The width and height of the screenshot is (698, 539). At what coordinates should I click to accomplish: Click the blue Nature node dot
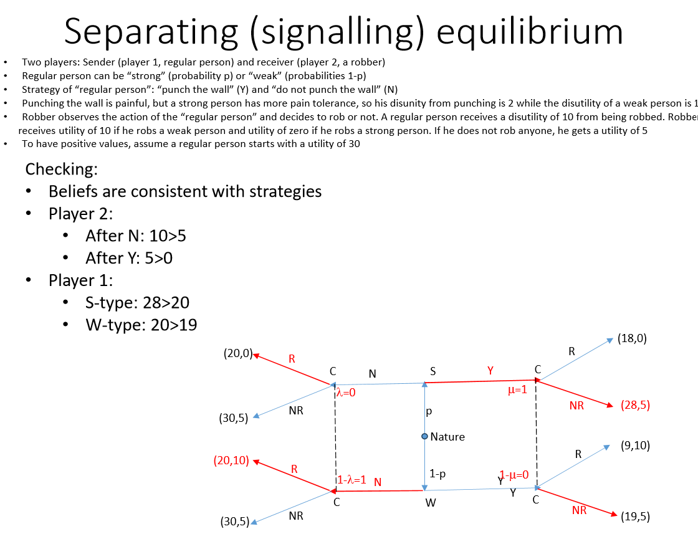click(424, 436)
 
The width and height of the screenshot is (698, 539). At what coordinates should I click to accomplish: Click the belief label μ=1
click(517, 391)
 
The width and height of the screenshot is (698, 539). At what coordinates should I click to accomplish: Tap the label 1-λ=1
click(351, 480)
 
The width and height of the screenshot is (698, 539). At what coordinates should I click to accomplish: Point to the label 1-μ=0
click(514, 475)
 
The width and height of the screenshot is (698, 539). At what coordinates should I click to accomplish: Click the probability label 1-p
click(437, 474)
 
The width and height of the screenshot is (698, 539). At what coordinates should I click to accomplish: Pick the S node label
click(433, 371)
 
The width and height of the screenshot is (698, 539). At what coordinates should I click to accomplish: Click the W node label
click(431, 503)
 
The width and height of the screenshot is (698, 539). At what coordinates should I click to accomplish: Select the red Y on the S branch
click(490, 371)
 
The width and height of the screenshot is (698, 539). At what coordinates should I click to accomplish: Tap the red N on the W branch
click(378, 482)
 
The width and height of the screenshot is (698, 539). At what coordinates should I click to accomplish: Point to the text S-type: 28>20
click(137, 303)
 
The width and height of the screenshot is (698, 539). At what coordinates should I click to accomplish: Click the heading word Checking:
click(61, 169)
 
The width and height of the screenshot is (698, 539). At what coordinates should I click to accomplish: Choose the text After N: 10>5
click(135, 236)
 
